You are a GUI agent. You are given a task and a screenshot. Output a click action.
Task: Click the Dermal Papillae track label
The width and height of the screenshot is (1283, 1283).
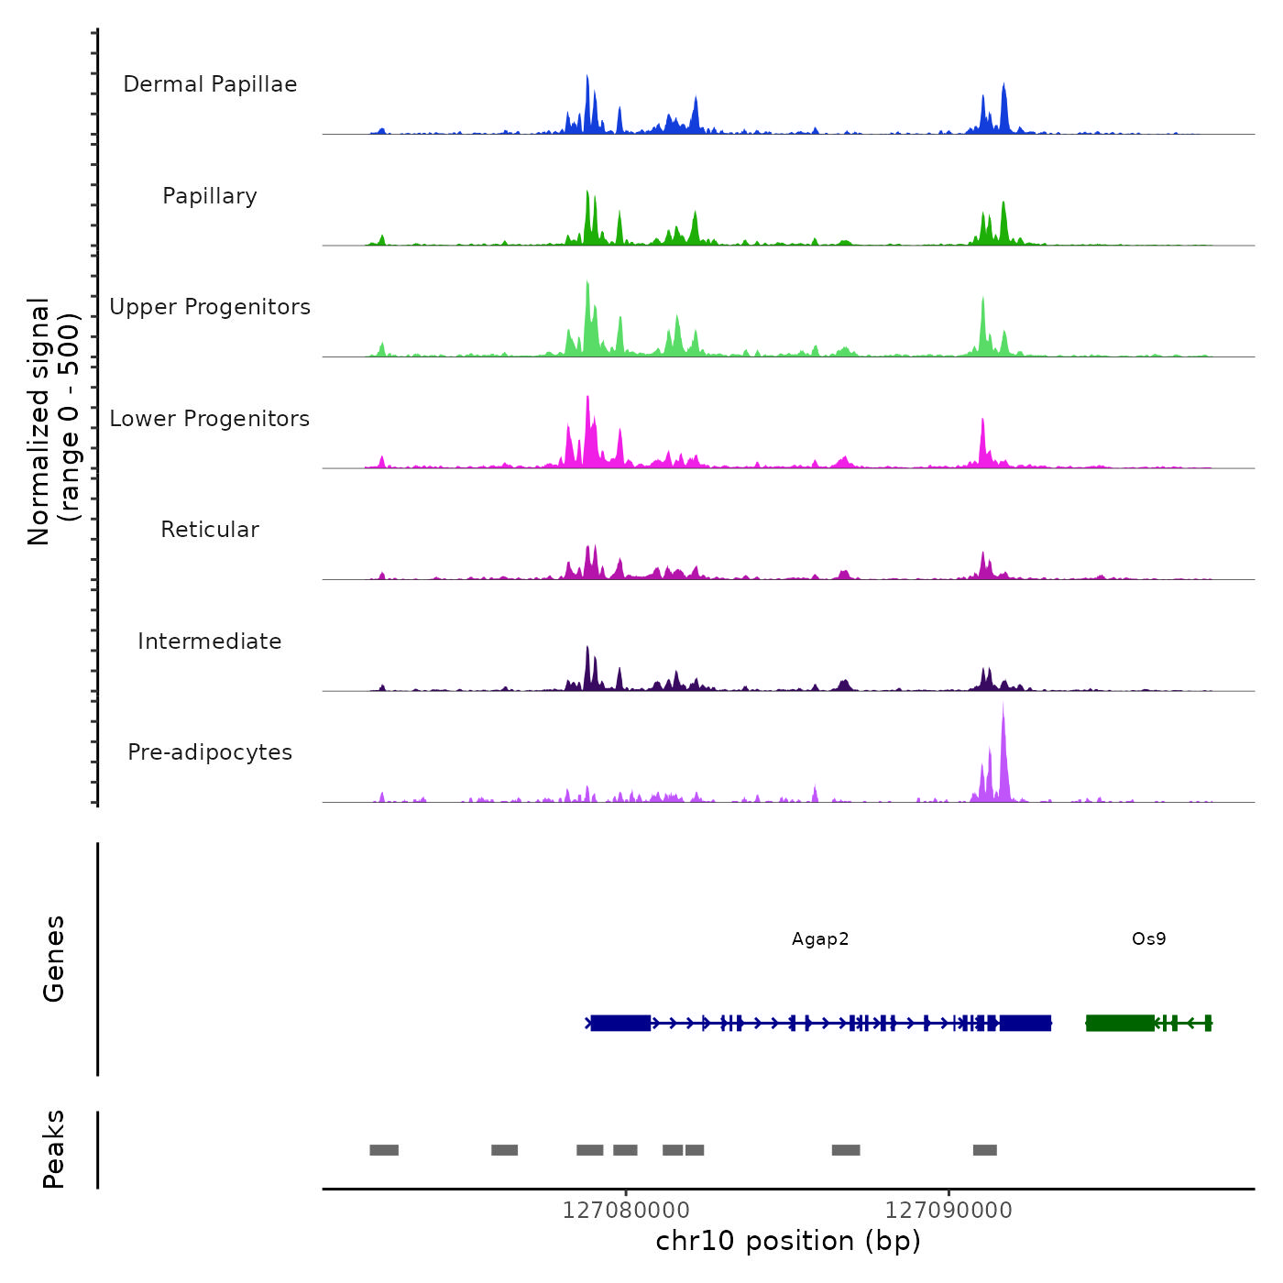tap(210, 84)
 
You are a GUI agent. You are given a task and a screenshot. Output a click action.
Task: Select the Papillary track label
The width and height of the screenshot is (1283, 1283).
tap(210, 196)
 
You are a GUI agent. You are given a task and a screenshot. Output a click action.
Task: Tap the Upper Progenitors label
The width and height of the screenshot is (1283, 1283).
tap(210, 307)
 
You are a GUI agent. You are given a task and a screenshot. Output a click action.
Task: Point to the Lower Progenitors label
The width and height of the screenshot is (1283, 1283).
tap(210, 419)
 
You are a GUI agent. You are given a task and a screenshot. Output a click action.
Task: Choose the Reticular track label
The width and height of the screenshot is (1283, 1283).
tap(210, 530)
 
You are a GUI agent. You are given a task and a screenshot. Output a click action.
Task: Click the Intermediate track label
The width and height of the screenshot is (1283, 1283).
tap(210, 641)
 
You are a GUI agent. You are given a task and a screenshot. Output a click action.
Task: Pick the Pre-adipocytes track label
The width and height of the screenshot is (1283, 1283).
tap(210, 752)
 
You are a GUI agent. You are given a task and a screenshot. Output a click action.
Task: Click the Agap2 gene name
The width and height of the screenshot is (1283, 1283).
tap(820, 939)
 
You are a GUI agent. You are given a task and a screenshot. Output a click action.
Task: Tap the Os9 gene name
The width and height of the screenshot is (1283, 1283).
tap(1148, 939)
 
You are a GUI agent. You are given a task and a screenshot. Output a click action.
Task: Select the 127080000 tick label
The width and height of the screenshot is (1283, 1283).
tap(626, 1211)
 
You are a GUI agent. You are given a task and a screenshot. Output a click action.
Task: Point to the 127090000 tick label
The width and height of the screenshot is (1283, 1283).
tap(949, 1211)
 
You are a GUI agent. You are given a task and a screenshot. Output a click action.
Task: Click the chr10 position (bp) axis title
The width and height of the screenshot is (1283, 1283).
tap(788, 1241)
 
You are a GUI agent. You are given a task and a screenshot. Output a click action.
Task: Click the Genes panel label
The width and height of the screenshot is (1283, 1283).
tap(54, 959)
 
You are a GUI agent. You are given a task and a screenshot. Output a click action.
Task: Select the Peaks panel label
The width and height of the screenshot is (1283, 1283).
tap(54, 1149)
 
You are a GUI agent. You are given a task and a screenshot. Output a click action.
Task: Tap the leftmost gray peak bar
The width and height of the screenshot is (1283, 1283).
tap(384, 1150)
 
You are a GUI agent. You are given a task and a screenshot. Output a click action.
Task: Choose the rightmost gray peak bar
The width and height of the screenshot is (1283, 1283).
tap(985, 1150)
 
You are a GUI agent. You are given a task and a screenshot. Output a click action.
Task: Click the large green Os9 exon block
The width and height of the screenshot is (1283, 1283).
tap(1120, 1023)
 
